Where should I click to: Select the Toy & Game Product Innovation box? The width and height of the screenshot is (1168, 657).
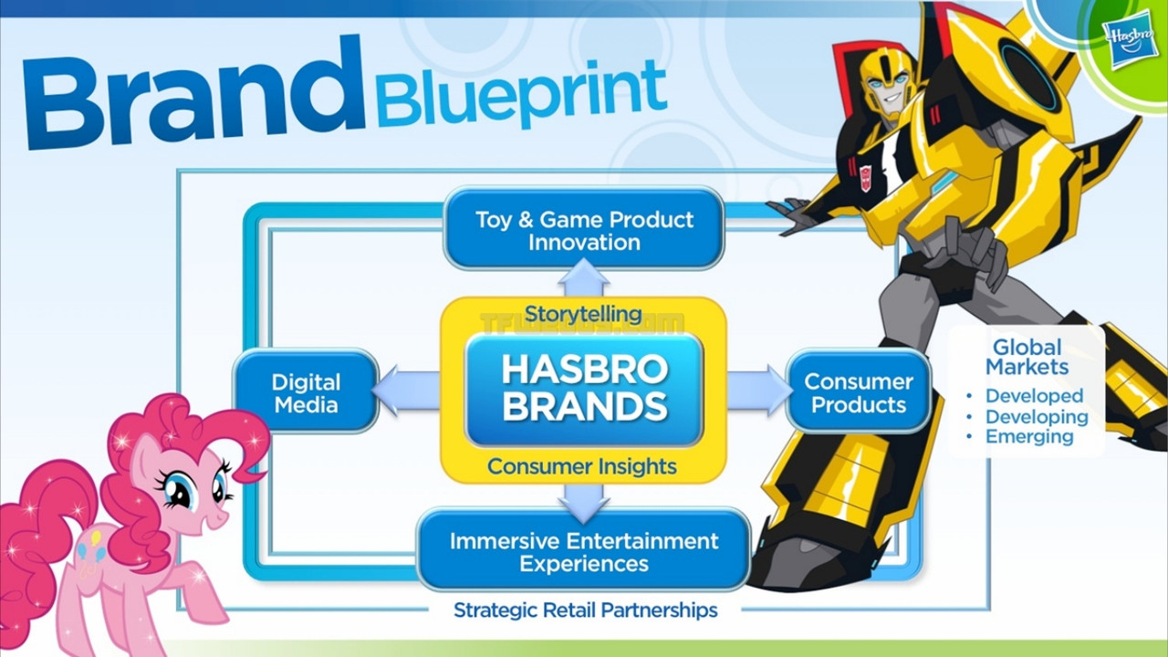point(584,229)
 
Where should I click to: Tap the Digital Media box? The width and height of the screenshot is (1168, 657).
point(306,392)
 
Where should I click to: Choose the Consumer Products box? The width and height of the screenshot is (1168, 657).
point(859,392)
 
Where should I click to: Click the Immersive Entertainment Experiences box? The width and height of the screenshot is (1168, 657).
point(584,551)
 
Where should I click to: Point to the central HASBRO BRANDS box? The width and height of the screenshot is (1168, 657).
point(584,390)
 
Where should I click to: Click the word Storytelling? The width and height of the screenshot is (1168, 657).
point(583,315)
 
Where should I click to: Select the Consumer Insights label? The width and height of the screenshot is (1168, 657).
point(582,466)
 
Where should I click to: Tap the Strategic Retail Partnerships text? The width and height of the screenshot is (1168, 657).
point(585,610)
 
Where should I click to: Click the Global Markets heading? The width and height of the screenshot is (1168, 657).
point(1027,357)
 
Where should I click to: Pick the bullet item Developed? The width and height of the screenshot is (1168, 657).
point(1034,396)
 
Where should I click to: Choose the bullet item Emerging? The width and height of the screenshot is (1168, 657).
point(1029,437)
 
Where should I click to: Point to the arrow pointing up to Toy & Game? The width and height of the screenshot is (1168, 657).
point(583,277)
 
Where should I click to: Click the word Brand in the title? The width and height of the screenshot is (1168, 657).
point(193,93)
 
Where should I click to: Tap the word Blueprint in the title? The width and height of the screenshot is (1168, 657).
point(520,94)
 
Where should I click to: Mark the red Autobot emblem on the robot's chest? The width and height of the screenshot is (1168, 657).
point(865,177)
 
